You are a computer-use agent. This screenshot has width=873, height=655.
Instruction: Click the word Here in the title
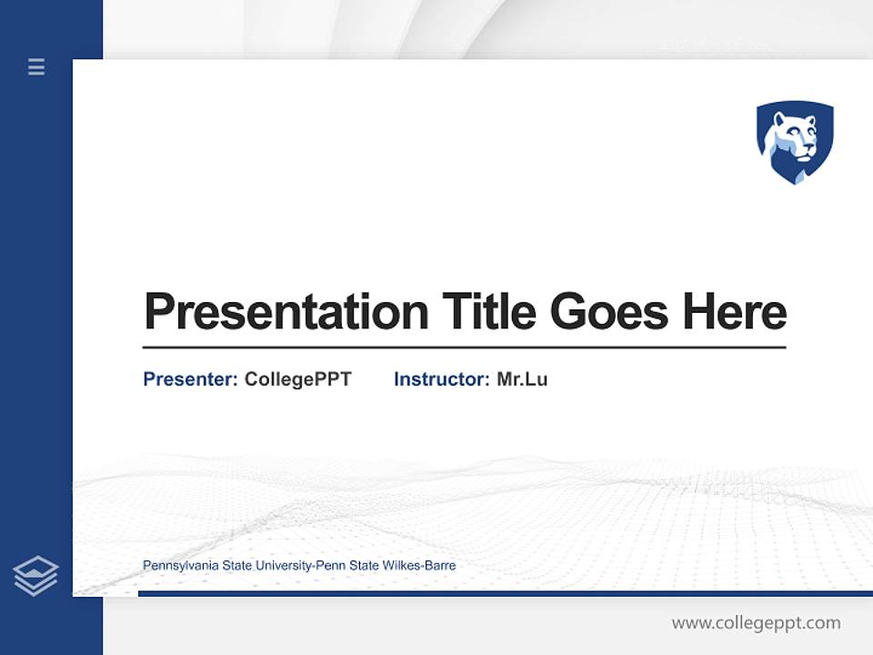tap(735, 312)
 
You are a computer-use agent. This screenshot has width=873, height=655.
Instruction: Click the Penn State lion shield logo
tap(795, 142)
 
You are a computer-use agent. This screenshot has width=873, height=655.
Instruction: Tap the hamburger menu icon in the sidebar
tap(36, 66)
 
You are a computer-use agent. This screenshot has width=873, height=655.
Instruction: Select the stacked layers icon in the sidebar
tap(35, 576)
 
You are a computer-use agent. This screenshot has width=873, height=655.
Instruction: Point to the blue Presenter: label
tap(190, 379)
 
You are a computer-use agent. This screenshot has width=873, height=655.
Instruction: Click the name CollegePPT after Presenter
tap(297, 379)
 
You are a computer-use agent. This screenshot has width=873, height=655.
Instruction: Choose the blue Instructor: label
tap(441, 379)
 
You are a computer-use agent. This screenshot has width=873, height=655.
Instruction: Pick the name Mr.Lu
tap(522, 379)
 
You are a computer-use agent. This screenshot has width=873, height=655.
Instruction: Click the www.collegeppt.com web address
tap(756, 623)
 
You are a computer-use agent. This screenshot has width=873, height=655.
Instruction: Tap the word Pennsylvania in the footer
tap(179, 566)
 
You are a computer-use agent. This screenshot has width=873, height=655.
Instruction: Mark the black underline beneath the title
tap(464, 348)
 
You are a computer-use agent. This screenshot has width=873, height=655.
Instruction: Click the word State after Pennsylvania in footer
tap(236, 566)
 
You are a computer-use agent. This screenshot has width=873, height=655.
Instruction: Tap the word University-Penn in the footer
tap(300, 566)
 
